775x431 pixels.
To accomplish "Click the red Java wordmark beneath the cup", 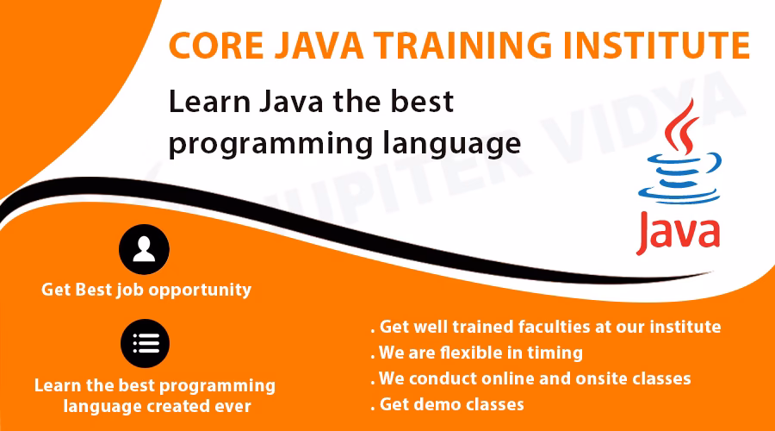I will (678, 231).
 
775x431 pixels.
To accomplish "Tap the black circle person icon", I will (144, 250).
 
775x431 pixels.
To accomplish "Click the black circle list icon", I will (144, 344).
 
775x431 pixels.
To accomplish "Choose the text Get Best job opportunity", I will (146, 290).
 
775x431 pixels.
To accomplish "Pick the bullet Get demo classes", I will (451, 404).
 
